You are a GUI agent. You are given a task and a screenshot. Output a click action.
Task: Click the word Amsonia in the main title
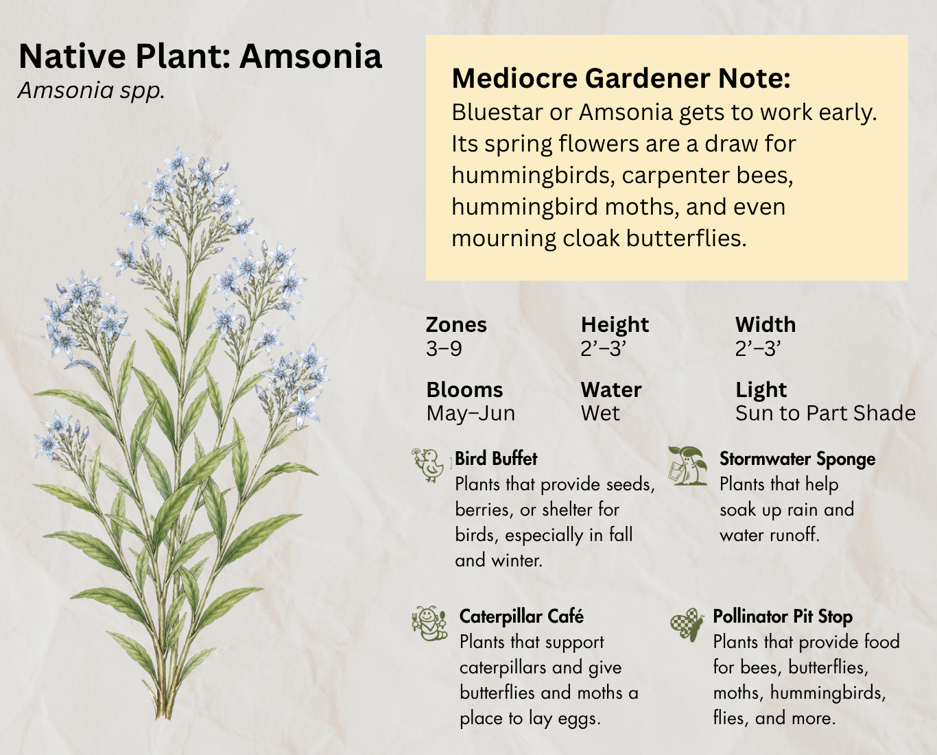[311, 56]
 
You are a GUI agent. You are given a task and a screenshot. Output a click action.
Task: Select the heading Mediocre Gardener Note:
[621, 78]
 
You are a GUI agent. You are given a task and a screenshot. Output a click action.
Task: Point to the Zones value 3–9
[444, 349]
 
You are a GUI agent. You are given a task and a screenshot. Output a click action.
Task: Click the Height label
[615, 325]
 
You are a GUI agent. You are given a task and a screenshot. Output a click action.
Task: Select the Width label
[766, 325]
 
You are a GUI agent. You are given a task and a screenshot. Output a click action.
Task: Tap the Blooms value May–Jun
[471, 414]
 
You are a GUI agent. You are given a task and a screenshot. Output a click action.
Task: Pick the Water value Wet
[600, 414]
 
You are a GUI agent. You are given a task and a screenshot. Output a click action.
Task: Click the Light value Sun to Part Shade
[826, 414]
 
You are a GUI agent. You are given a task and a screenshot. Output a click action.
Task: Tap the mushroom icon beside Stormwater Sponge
[687, 465]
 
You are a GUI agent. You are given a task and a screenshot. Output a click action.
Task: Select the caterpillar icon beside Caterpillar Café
[429, 623]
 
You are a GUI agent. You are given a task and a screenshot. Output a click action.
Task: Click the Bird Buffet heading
[496, 459]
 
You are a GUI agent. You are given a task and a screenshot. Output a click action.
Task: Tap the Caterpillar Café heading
[521, 617]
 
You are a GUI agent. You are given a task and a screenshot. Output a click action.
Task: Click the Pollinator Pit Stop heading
[783, 617]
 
